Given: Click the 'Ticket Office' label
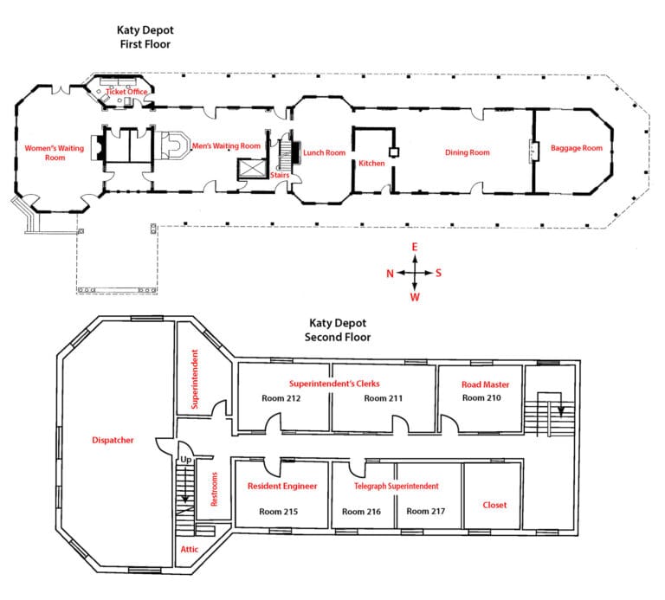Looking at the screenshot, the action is pyautogui.click(x=126, y=92).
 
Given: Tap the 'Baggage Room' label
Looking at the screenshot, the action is pyautogui.click(x=577, y=148).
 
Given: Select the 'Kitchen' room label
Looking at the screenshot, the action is pyautogui.click(x=371, y=164).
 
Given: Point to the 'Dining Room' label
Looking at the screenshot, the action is pyautogui.click(x=467, y=152).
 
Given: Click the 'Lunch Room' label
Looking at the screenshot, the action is pyautogui.click(x=325, y=152).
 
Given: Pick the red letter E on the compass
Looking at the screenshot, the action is pyautogui.click(x=415, y=247).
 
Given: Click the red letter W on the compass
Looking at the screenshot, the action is pyautogui.click(x=415, y=297).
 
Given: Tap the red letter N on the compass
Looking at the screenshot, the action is pyautogui.click(x=391, y=274).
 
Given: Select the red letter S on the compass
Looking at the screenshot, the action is pyautogui.click(x=438, y=273).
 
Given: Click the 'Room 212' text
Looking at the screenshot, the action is pyautogui.click(x=281, y=398).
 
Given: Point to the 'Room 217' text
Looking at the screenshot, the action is pyautogui.click(x=426, y=512).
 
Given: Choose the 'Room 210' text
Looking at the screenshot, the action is pyautogui.click(x=481, y=397).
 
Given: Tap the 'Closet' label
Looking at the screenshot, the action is pyautogui.click(x=494, y=505).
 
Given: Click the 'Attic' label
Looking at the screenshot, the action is pyautogui.click(x=189, y=550).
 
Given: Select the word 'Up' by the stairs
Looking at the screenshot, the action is pyautogui.click(x=186, y=460).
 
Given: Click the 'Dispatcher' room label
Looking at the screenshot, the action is pyautogui.click(x=113, y=440).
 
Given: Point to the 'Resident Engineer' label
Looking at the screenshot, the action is pyautogui.click(x=282, y=487).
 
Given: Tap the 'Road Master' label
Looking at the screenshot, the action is pyautogui.click(x=485, y=384).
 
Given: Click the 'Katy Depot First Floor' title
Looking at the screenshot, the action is pyautogui.click(x=145, y=37).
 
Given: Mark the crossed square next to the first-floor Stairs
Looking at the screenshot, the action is pyautogui.click(x=252, y=169).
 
